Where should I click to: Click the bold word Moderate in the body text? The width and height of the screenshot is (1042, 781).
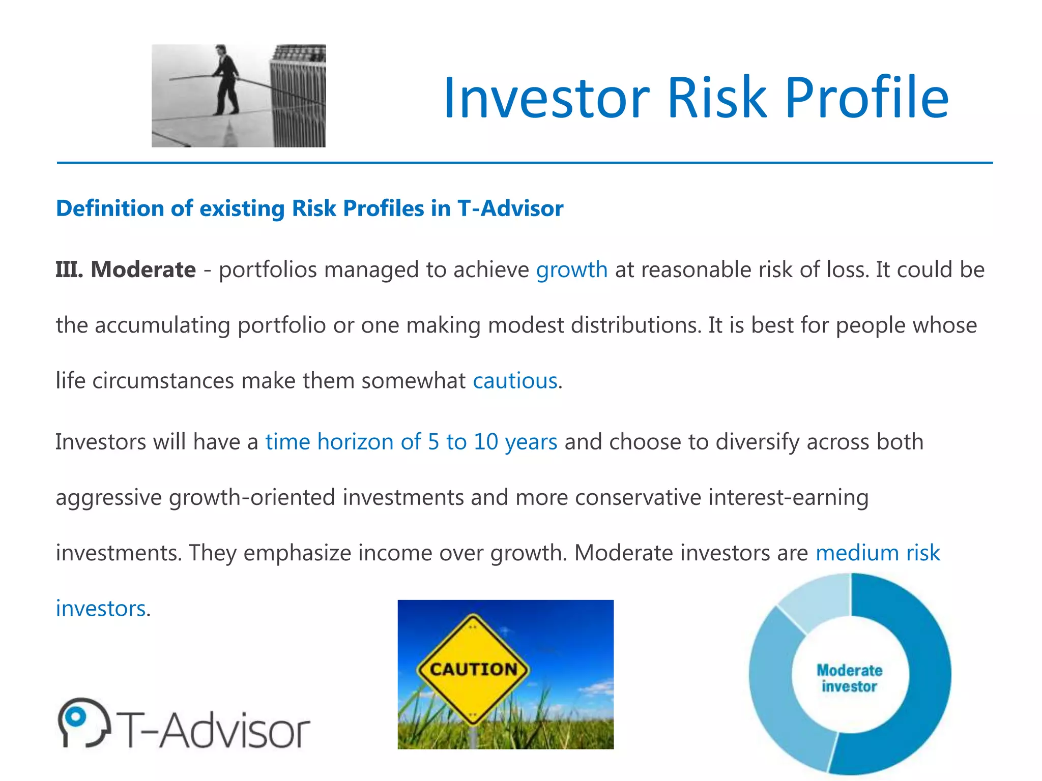[143, 269]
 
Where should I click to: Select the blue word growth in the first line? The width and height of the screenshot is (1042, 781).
[571, 269]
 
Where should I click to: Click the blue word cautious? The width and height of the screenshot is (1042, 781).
[515, 381]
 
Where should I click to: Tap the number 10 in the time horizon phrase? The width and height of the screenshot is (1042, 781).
[485, 441]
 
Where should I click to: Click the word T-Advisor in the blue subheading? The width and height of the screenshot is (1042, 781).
[510, 208]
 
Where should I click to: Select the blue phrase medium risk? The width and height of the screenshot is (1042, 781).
[878, 553]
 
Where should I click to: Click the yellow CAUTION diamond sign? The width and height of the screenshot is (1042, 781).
[473, 669]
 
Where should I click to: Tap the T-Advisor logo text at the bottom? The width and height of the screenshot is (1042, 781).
[214, 730]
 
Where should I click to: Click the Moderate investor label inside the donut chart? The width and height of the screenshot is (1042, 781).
[849, 678]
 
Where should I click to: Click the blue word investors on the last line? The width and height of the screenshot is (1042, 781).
[101, 609]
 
